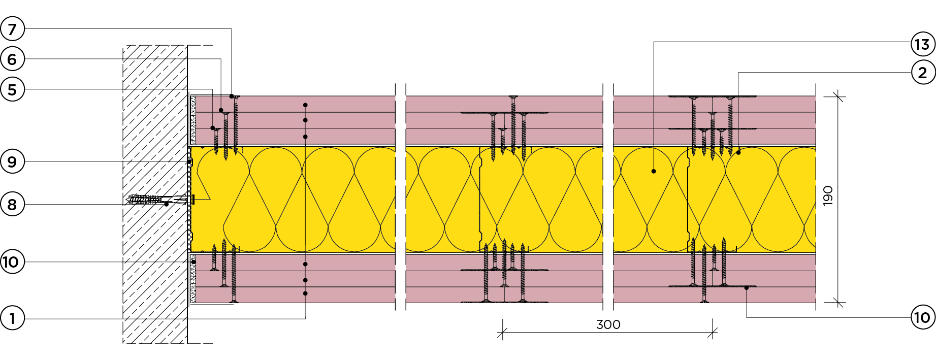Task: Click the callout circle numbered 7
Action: point(12,29)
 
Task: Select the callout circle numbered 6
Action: point(12,59)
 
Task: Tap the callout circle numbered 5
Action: point(12,90)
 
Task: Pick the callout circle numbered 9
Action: point(12,162)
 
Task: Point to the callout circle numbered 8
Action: point(12,205)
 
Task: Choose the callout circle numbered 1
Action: point(12,319)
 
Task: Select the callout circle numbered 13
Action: point(922,44)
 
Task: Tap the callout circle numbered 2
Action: point(922,73)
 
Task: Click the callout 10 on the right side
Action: point(922,318)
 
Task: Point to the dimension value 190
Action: point(828,195)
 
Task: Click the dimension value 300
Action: point(608,324)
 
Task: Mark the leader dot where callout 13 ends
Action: point(654,172)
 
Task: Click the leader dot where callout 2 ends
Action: point(738,152)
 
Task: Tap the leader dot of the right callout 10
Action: point(747,288)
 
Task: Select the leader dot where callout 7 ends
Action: point(232,96)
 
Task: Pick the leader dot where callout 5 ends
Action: point(213,128)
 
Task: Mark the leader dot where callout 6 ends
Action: point(221,110)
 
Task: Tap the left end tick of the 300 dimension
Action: point(502,333)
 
